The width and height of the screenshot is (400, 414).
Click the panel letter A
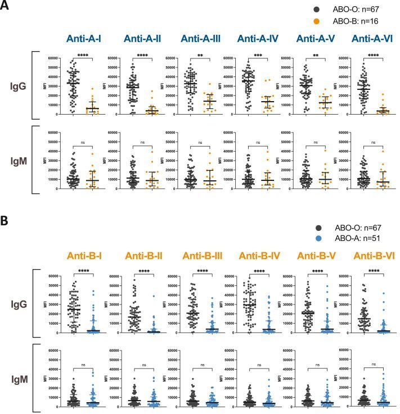point(6,7)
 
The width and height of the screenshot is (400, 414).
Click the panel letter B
point(6,220)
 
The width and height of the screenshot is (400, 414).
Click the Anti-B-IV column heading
point(259,256)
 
